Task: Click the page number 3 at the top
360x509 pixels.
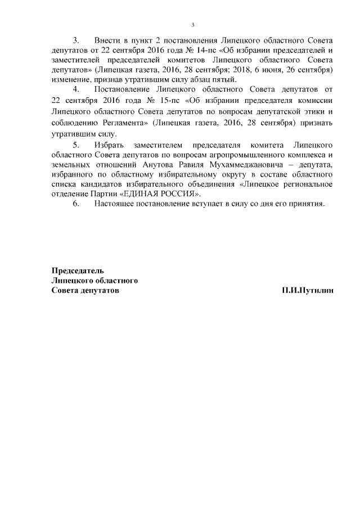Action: tap(192, 24)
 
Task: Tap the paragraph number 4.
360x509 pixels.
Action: tap(76, 89)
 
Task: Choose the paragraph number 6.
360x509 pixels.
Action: tap(76, 204)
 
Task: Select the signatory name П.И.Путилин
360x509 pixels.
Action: tap(308, 290)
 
